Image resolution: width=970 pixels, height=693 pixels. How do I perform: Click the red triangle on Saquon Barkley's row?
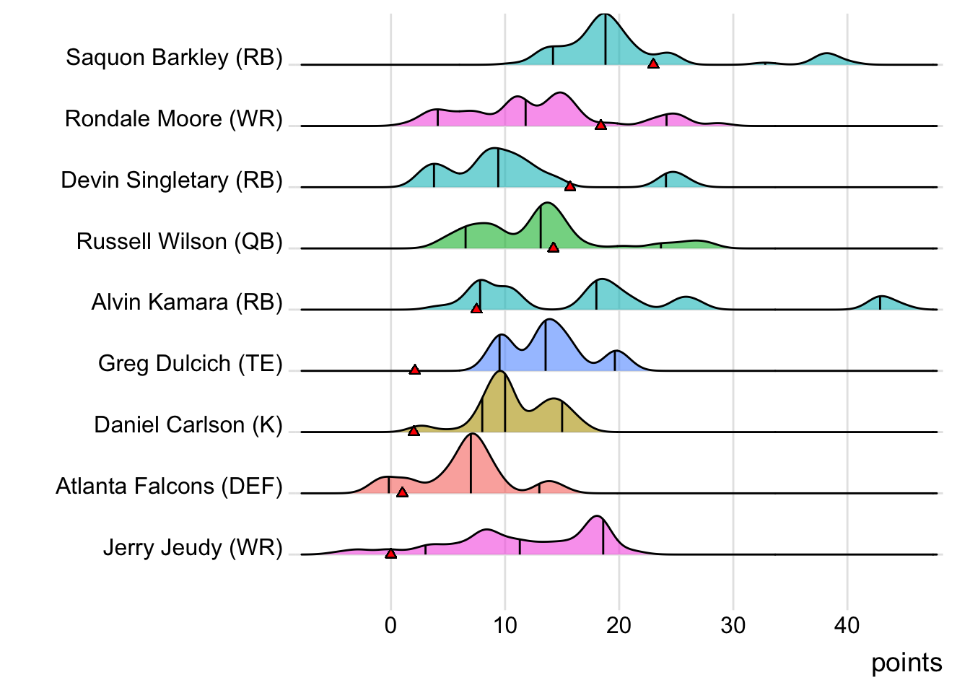(x=653, y=64)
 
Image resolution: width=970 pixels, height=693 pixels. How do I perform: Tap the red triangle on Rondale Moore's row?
(x=600, y=125)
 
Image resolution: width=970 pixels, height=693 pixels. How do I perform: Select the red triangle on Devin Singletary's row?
(x=570, y=186)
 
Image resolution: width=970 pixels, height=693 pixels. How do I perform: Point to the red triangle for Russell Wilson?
(x=553, y=248)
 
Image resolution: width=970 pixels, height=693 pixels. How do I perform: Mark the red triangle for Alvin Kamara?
(x=476, y=309)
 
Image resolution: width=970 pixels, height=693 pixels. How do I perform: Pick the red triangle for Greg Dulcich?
(x=415, y=370)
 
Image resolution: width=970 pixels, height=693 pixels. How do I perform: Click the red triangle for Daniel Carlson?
(x=414, y=431)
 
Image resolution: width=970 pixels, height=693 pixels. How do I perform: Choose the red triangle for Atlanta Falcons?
(x=403, y=492)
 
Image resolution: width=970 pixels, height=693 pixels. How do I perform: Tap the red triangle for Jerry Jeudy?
(x=390, y=554)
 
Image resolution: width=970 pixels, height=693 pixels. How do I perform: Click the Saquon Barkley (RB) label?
(x=174, y=57)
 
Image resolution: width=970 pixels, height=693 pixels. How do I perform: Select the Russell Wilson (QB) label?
(x=179, y=241)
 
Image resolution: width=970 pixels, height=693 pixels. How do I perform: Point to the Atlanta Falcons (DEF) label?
(x=169, y=487)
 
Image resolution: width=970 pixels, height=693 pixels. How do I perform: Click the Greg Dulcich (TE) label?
(x=190, y=363)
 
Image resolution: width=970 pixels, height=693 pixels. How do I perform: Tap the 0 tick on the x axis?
(x=390, y=625)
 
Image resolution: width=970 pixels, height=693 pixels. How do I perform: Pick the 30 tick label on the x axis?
(x=733, y=625)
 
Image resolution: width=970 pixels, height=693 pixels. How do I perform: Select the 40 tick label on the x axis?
(x=847, y=625)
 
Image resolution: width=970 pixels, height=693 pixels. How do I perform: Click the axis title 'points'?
(x=906, y=663)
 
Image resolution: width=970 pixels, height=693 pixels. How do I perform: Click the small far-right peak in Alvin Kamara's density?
(x=880, y=297)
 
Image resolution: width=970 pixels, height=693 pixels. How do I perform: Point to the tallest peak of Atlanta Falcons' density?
(x=471, y=435)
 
